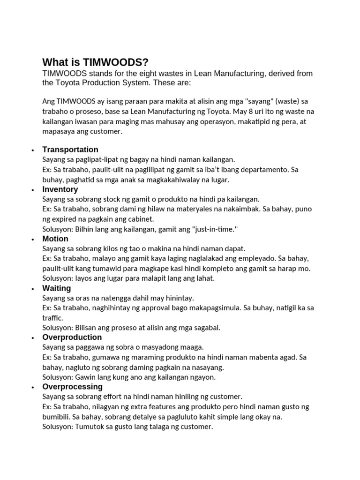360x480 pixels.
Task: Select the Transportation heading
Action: click(70, 150)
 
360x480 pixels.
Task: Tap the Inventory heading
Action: click(60, 189)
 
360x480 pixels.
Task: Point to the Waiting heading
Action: click(57, 288)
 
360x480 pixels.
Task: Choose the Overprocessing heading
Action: click(72, 387)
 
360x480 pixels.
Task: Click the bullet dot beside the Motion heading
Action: click(32, 240)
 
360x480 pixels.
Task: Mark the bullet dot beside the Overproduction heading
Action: click(32, 338)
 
